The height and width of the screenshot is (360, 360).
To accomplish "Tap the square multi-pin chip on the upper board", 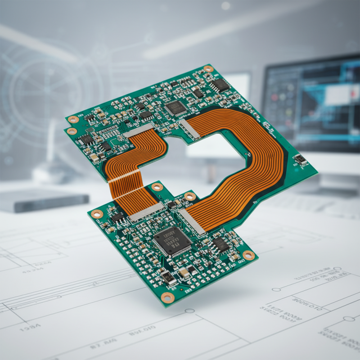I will [x=175, y=108].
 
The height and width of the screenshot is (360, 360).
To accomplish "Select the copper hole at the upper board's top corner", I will [x=208, y=69].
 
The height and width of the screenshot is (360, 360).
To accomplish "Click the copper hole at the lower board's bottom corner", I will [x=167, y=297].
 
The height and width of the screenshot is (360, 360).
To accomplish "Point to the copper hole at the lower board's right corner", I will [x=248, y=255].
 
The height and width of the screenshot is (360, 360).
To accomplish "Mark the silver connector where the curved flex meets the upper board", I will [x=189, y=129].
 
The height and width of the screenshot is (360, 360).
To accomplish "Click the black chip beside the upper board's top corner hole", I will [x=220, y=85].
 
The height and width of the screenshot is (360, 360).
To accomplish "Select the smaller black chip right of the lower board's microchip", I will [x=221, y=244].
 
